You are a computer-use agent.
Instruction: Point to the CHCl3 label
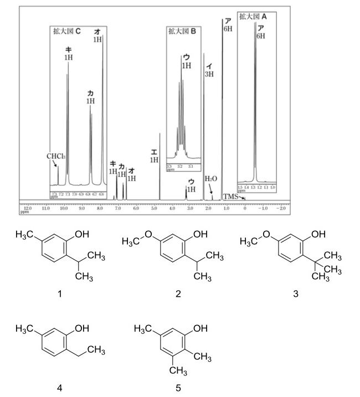(56, 156)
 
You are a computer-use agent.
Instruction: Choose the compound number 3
(296, 294)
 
